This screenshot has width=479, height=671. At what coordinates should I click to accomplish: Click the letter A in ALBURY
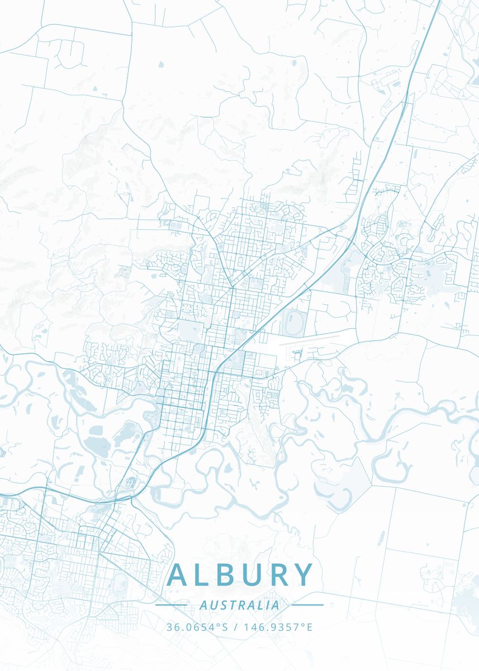click(x=178, y=575)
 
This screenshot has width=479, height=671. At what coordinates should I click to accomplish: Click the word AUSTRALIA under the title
click(x=239, y=605)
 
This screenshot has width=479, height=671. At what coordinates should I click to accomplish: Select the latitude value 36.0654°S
click(x=197, y=627)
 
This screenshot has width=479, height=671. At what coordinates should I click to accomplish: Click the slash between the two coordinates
click(x=235, y=627)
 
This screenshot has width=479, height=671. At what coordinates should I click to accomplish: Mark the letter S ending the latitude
click(x=226, y=627)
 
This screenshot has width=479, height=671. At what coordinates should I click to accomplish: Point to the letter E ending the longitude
click(x=310, y=627)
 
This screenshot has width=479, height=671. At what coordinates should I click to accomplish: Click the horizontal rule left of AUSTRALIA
click(x=171, y=605)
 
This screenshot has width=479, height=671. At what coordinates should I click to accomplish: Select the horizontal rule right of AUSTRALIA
click(x=307, y=605)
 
